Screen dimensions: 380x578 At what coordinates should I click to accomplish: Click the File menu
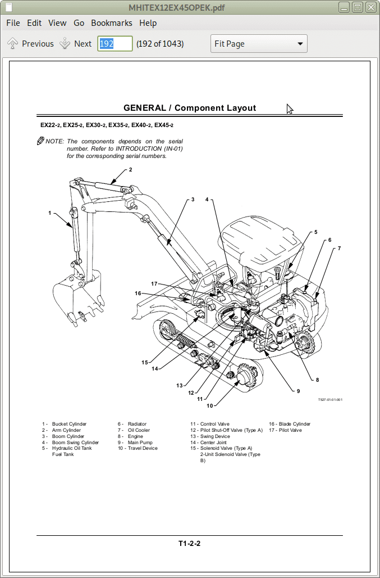pyautogui.click(x=13, y=23)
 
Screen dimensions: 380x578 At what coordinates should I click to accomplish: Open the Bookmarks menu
pyautogui.click(x=112, y=23)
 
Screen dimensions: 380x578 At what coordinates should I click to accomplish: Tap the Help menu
pyautogui.click(x=148, y=23)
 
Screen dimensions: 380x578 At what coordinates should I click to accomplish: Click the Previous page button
pyautogui.click(x=30, y=43)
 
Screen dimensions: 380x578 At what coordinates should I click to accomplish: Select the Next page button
pyautogui.click(x=76, y=43)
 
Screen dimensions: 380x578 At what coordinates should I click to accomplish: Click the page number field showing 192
pyautogui.click(x=115, y=43)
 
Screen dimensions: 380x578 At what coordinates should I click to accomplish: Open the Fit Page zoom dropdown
pyautogui.click(x=259, y=43)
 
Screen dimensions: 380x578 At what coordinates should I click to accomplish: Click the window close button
pyautogui.click(x=370, y=7)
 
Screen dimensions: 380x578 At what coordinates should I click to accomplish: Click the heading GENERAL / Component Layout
pyautogui.click(x=190, y=108)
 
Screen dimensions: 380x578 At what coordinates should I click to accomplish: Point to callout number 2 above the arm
pyautogui.click(x=130, y=170)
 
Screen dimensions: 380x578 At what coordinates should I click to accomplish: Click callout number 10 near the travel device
pyautogui.click(x=210, y=406)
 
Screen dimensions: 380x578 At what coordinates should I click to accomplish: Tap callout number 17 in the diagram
pyautogui.click(x=154, y=284)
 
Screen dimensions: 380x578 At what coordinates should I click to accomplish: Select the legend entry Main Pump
pyautogui.click(x=140, y=442)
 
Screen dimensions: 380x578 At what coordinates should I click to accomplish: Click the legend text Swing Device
pyautogui.click(x=215, y=436)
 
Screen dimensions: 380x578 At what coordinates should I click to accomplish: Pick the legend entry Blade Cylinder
pyautogui.click(x=295, y=424)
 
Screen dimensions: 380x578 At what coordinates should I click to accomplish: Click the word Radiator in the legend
pyautogui.click(x=137, y=424)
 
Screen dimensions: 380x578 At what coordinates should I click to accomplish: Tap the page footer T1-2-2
pyautogui.click(x=190, y=543)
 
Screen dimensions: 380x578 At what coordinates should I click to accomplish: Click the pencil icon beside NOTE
pyautogui.click(x=40, y=141)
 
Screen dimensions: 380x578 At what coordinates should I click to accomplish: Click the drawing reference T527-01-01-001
pyautogui.click(x=331, y=400)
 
